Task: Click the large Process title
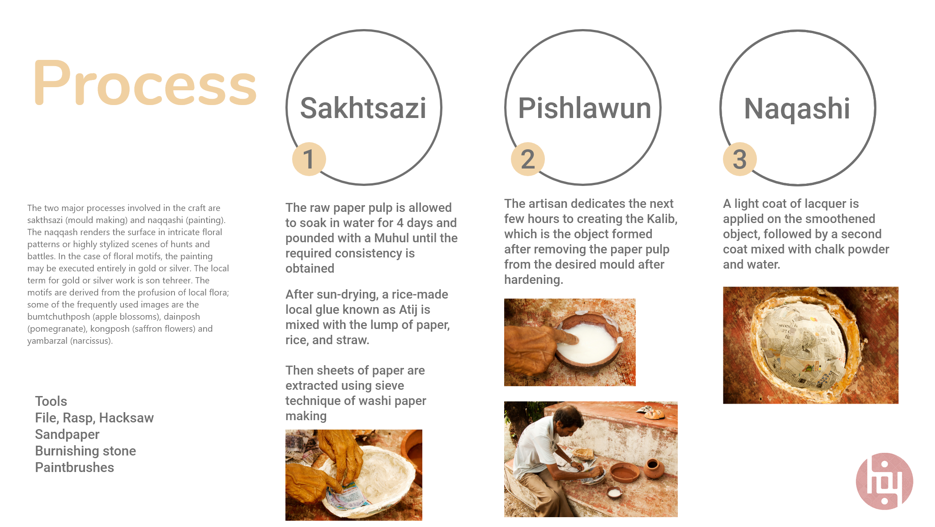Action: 145,84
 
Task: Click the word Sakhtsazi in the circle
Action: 363,108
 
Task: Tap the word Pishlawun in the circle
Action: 584,108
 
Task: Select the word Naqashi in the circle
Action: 797,109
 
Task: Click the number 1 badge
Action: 309,159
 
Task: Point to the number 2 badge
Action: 528,159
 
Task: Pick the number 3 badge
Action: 740,159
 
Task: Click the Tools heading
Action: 51,401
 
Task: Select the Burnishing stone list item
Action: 85,451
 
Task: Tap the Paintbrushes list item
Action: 74,468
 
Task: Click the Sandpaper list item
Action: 67,434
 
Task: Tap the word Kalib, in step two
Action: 662,219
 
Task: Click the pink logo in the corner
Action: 884,481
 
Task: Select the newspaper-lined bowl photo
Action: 811,345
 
